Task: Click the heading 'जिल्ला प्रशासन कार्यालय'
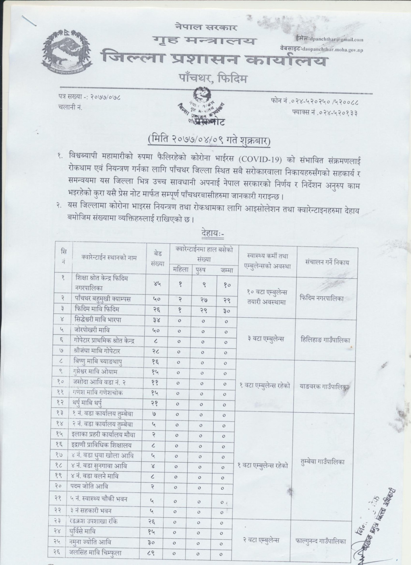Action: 213,59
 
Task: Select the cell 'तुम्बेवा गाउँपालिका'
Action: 326,462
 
